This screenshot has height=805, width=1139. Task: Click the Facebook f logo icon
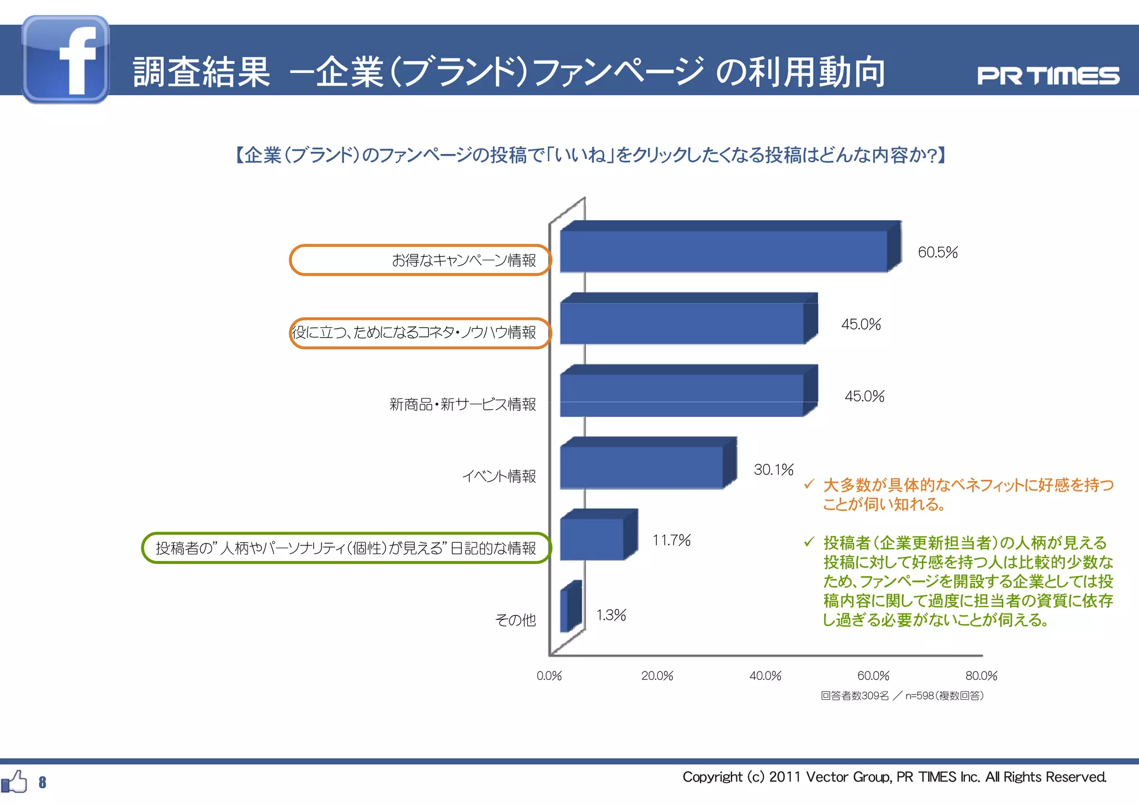[x=66, y=59]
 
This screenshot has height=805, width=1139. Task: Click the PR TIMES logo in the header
[x=1048, y=76]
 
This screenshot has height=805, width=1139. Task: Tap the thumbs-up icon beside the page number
[x=14, y=782]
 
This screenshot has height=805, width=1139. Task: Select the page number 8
[x=42, y=783]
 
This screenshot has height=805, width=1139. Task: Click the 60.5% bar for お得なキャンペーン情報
[x=723, y=251]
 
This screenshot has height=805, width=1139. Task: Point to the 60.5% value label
[x=938, y=252]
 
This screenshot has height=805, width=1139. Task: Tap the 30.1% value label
[x=773, y=470]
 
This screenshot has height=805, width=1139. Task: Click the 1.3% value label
[x=611, y=615]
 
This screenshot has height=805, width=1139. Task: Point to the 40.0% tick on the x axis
[x=765, y=676]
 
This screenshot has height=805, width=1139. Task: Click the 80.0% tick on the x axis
[x=981, y=676]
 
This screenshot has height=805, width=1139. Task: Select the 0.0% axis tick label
[x=549, y=676]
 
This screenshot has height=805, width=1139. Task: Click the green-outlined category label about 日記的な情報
[x=346, y=548]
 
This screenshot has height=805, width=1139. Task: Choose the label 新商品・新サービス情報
[x=463, y=404]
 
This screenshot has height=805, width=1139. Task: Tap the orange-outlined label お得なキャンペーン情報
[x=464, y=260]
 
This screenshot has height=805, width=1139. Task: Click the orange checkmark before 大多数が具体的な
[x=809, y=484]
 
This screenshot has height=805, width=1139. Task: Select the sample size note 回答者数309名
[x=855, y=696]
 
